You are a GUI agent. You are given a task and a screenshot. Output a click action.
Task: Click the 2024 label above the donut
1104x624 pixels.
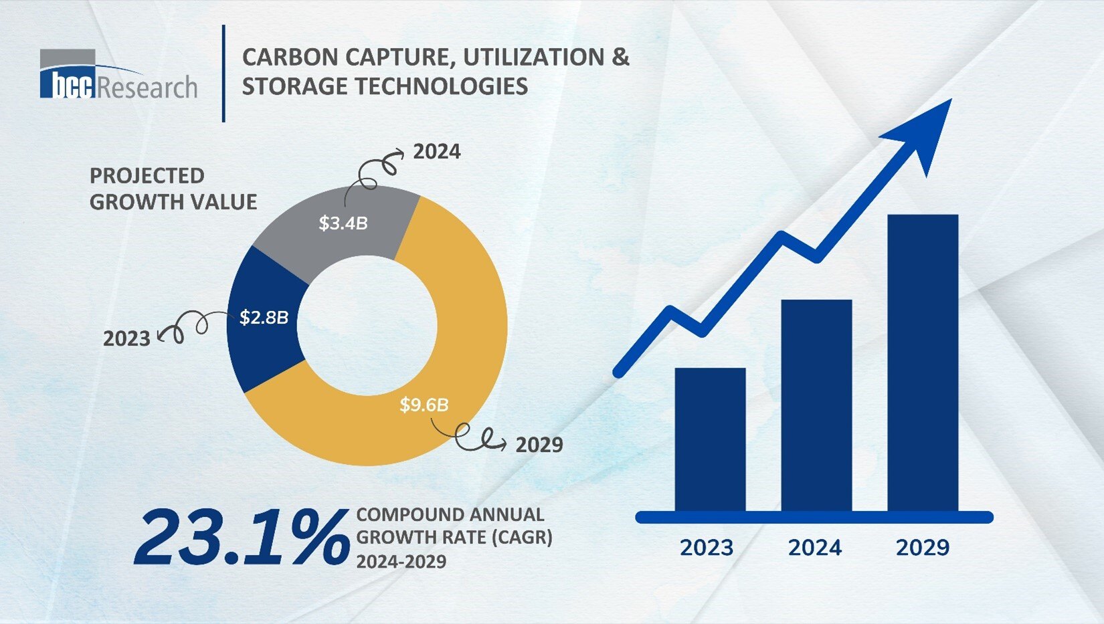click(x=436, y=152)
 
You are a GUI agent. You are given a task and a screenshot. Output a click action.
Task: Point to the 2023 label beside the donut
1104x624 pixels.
click(x=126, y=338)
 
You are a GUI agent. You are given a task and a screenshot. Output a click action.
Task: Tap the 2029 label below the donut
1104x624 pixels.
click(x=539, y=445)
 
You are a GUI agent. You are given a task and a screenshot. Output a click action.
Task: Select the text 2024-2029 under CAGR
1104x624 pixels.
click(x=401, y=562)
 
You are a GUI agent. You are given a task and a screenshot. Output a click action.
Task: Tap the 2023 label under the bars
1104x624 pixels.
click(x=707, y=548)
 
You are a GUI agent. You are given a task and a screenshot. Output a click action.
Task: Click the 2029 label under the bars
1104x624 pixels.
click(x=922, y=548)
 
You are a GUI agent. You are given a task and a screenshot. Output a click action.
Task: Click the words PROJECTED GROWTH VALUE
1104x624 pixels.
click(x=173, y=189)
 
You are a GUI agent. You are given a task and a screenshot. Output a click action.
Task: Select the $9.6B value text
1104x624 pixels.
click(x=424, y=405)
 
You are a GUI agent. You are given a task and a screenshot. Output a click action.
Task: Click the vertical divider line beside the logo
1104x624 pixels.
click(x=223, y=74)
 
